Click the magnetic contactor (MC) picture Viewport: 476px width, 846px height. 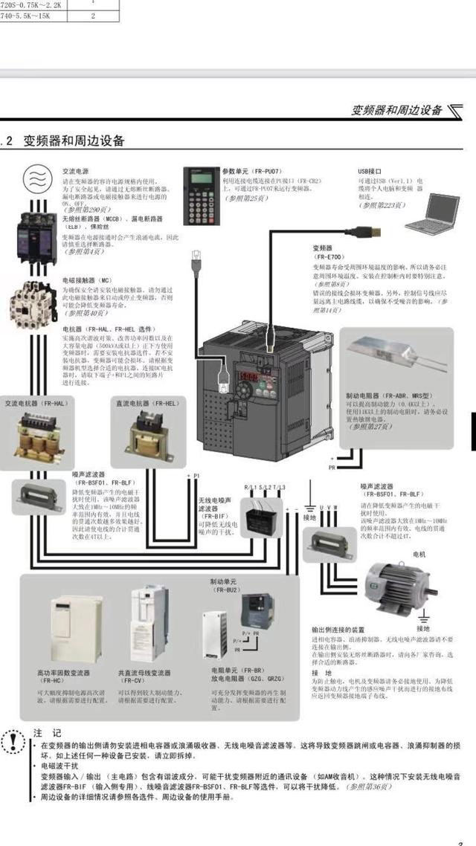pyautogui.click(x=33, y=303)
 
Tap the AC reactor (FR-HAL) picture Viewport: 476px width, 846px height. pyautogui.click(x=32, y=432)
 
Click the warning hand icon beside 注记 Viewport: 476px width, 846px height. pyautogui.click(x=13, y=740)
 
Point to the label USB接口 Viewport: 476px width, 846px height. pyautogui.click(x=370, y=170)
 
